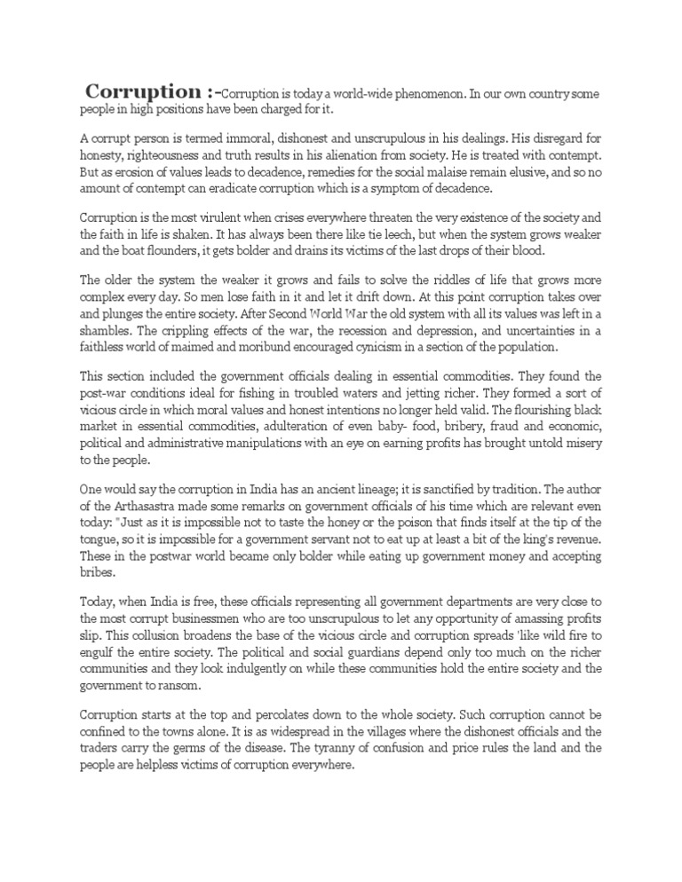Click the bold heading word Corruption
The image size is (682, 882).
pos(142,92)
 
